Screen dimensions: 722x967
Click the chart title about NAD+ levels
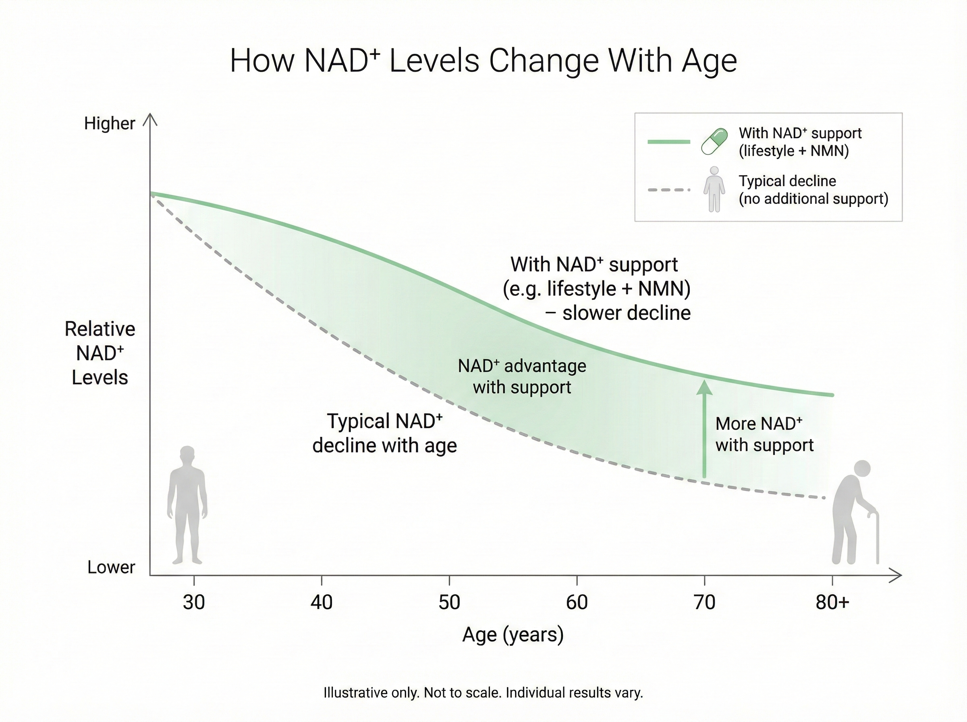coord(483,61)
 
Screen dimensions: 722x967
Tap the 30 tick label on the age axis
coord(193,603)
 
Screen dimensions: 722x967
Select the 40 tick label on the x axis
coord(322,603)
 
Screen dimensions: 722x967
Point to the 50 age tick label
coord(449,603)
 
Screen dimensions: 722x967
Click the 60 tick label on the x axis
coord(577,603)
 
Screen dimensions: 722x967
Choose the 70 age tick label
coord(704,603)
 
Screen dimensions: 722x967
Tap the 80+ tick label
coord(832,603)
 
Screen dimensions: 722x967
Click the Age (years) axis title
coord(513,635)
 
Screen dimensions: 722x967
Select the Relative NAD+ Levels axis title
coord(100,353)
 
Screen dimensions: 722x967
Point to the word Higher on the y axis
coord(110,124)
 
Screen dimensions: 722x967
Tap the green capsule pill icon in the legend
coord(714,141)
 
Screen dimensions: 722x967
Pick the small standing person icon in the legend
coord(714,189)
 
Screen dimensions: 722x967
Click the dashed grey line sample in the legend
coord(668,190)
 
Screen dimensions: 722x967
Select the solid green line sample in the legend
coord(668,141)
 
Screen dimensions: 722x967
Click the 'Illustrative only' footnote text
coord(483,693)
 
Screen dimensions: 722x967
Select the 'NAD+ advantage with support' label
coord(522,376)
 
